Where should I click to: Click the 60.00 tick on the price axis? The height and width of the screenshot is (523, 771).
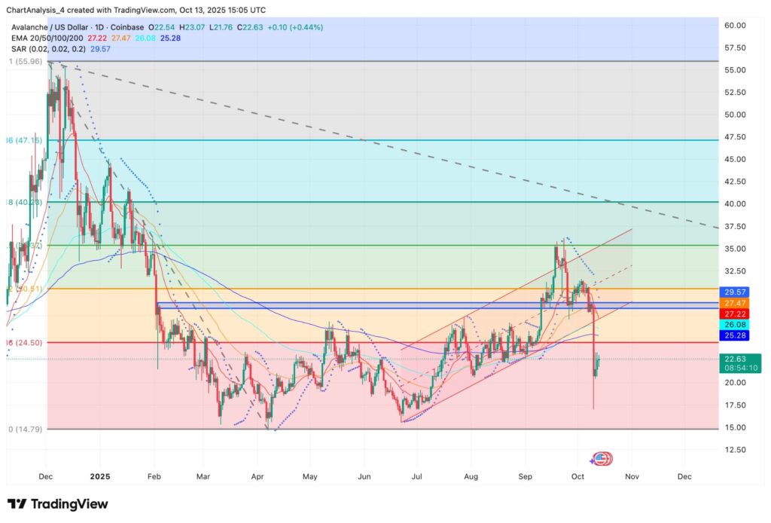click(734, 26)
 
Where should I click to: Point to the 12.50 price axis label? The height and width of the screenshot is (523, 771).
click(734, 450)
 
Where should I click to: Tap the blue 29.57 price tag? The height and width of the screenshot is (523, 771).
click(734, 292)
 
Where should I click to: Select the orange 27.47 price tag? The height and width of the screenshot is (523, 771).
click(734, 302)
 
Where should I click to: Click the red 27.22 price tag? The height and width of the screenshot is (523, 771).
click(734, 313)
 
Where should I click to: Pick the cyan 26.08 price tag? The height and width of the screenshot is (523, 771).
click(734, 323)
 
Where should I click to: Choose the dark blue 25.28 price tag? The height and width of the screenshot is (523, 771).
click(734, 334)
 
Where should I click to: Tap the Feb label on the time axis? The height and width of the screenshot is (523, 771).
click(155, 477)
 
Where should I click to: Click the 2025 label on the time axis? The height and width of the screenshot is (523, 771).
click(101, 477)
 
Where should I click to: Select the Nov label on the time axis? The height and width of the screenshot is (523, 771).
click(632, 477)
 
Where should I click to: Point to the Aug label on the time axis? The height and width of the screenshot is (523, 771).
click(471, 477)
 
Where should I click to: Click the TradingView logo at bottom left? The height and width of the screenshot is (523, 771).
click(58, 503)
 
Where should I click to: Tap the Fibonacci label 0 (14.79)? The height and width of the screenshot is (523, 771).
click(23, 429)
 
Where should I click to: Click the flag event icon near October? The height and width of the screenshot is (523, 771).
click(602, 457)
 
